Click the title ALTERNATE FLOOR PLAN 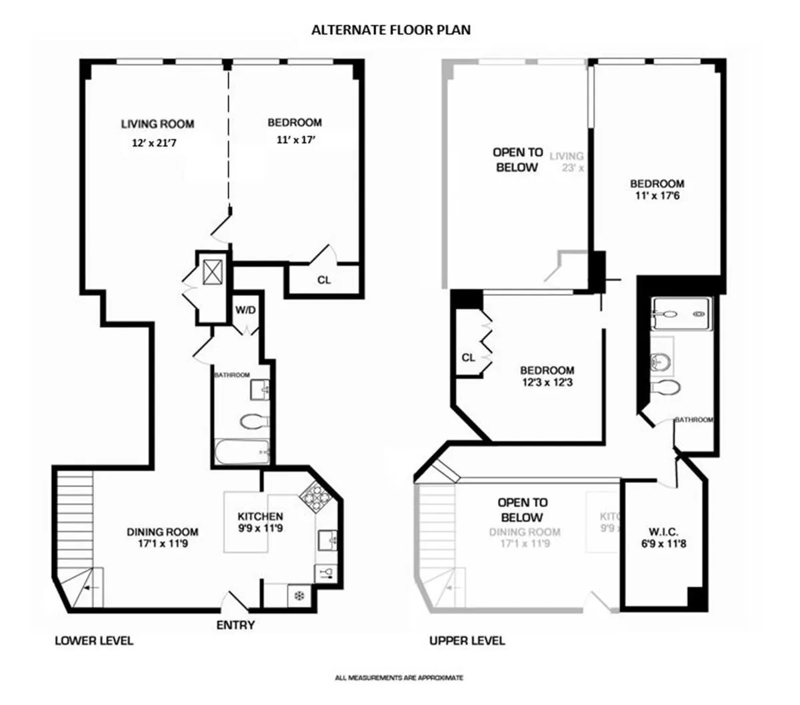click(x=391, y=30)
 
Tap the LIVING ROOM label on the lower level click(x=157, y=124)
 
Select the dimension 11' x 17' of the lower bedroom click(x=294, y=141)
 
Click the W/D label click(x=245, y=310)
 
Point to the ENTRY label click(x=235, y=625)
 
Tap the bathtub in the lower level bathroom click(x=241, y=452)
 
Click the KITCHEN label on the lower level click(x=260, y=516)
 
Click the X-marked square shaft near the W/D click(x=213, y=271)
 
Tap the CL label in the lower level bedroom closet click(x=323, y=280)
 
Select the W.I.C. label click(x=663, y=532)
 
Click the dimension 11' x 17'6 click(x=657, y=196)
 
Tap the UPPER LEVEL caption click(x=467, y=641)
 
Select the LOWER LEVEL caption click(x=94, y=641)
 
